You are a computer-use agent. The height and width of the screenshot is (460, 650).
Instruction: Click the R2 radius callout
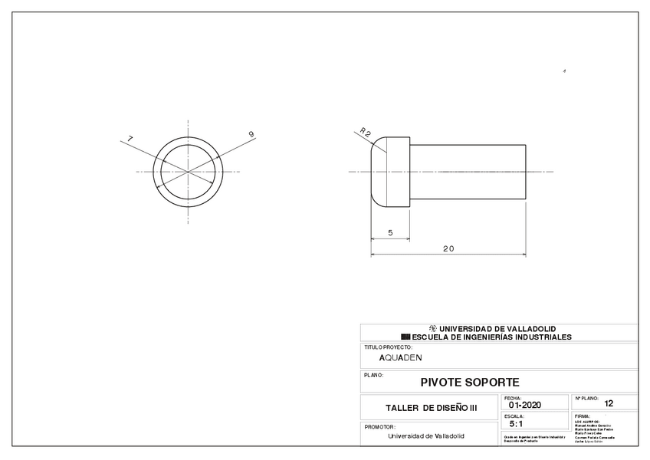click(366, 133)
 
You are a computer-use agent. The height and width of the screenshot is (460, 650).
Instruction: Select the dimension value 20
click(448, 248)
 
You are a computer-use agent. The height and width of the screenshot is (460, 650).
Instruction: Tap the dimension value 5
click(390, 232)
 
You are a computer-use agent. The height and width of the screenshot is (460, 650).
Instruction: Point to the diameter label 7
click(130, 139)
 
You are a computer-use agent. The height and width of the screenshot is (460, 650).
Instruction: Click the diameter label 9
click(251, 135)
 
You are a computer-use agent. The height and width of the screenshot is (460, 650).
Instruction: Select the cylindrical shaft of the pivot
click(468, 171)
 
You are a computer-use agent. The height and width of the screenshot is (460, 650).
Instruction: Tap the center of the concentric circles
click(188, 171)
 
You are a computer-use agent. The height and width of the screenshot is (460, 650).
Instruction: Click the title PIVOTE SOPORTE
click(470, 382)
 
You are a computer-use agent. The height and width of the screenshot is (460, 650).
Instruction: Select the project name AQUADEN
click(400, 357)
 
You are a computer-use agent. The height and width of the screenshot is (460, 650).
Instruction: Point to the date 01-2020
click(524, 406)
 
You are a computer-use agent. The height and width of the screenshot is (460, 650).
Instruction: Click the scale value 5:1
click(516, 423)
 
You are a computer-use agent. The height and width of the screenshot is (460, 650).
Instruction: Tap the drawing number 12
click(609, 403)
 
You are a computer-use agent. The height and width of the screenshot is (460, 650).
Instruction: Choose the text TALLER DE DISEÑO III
click(431, 408)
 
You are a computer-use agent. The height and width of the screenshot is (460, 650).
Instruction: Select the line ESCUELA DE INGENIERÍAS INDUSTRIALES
click(491, 337)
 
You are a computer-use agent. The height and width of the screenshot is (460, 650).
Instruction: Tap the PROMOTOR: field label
click(379, 426)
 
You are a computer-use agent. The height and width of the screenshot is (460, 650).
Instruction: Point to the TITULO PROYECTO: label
click(388, 347)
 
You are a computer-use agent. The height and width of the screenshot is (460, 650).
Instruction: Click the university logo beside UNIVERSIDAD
click(432, 328)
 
